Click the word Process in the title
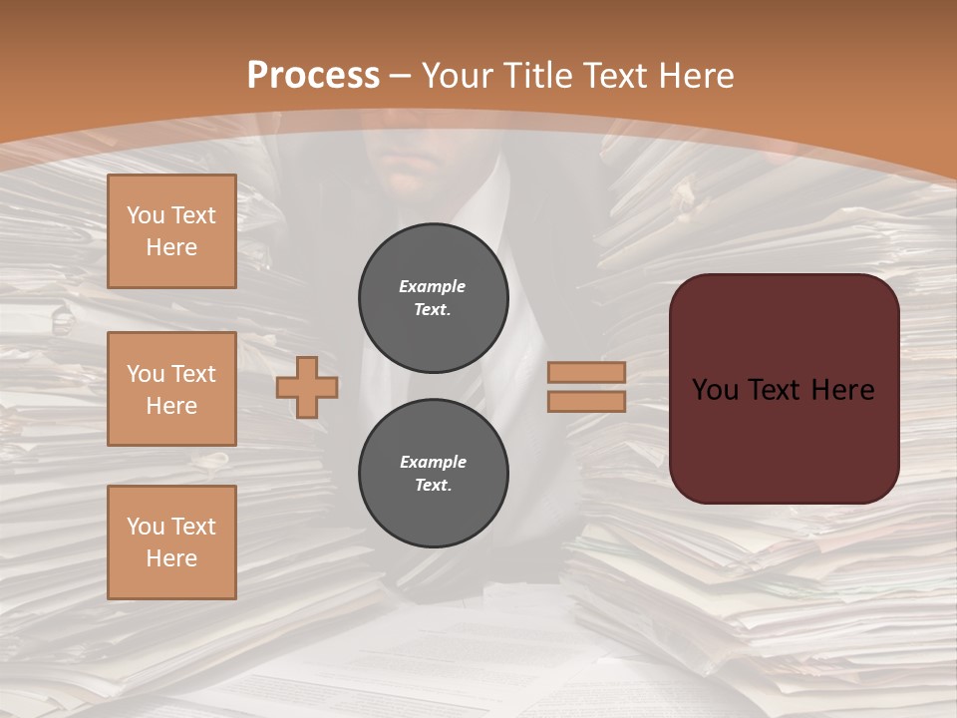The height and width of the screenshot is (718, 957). pyautogui.click(x=313, y=76)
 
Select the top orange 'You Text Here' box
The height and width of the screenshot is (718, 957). pyautogui.click(x=171, y=231)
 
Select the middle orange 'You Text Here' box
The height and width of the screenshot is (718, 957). pyautogui.click(x=171, y=389)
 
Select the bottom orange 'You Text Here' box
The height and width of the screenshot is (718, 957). pyautogui.click(x=171, y=542)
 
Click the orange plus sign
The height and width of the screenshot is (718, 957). pyautogui.click(x=307, y=387)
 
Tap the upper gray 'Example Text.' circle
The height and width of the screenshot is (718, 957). pyautogui.click(x=433, y=297)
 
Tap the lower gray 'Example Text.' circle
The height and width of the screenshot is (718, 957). pyautogui.click(x=433, y=473)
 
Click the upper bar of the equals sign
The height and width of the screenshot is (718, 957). pyautogui.click(x=586, y=372)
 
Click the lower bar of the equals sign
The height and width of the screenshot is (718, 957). pyautogui.click(x=586, y=401)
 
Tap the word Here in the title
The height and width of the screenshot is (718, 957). pyautogui.click(x=695, y=76)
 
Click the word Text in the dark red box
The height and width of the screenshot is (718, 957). pyautogui.click(x=783, y=390)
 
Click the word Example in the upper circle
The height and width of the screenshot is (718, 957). pyautogui.click(x=432, y=286)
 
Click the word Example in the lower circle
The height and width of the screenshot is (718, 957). pyautogui.click(x=433, y=462)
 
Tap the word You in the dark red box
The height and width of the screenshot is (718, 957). pyautogui.click(x=715, y=390)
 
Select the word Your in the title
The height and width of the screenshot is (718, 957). pyautogui.click(x=460, y=76)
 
